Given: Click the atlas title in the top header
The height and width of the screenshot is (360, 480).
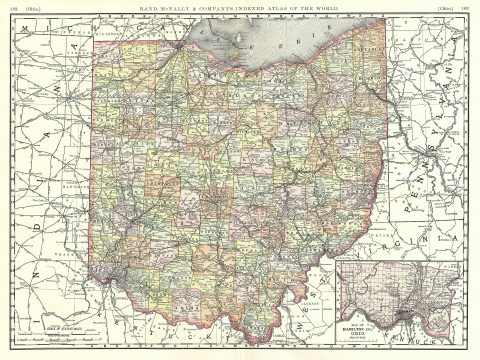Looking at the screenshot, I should [x=240, y=9].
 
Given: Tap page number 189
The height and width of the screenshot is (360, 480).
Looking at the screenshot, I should [x=465, y=9].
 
